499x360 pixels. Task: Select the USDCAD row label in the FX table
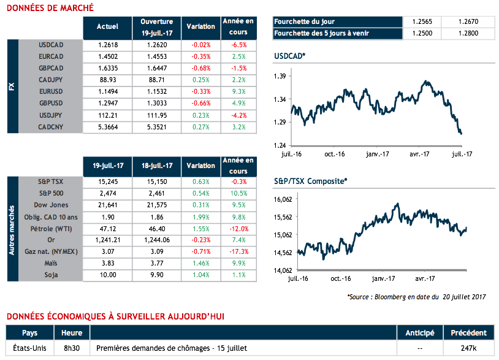click(x=51, y=45)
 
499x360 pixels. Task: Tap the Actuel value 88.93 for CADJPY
click(x=107, y=80)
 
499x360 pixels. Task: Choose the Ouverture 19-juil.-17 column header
click(x=156, y=26)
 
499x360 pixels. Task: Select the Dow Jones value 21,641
click(x=107, y=205)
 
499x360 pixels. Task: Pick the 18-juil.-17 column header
click(x=156, y=166)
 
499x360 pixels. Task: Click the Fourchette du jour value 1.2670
click(x=467, y=21)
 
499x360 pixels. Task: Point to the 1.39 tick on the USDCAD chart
click(x=280, y=76)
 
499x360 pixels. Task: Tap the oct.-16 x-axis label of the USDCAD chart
click(x=334, y=154)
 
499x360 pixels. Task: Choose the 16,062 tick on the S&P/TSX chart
click(x=283, y=199)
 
